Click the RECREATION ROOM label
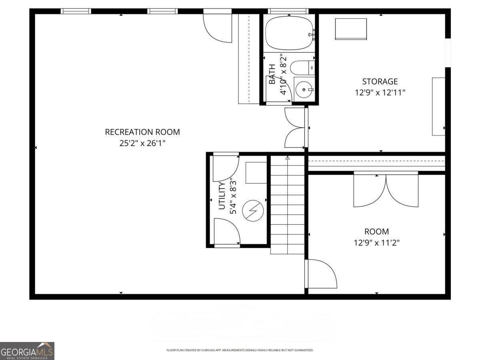click(142, 132)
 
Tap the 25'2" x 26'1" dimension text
click(142, 143)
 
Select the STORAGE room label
click(380, 82)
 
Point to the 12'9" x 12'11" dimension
click(380, 93)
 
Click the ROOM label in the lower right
click(376, 232)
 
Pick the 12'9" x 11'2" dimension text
click(376, 242)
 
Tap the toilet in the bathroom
click(302, 68)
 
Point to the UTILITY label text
click(222, 196)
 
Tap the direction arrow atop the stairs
click(287, 158)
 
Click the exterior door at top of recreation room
click(218, 27)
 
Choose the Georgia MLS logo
click(27, 351)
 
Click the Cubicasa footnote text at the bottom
click(240, 350)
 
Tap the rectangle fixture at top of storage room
click(351, 29)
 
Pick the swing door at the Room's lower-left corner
click(321, 274)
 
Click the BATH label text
click(272, 74)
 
